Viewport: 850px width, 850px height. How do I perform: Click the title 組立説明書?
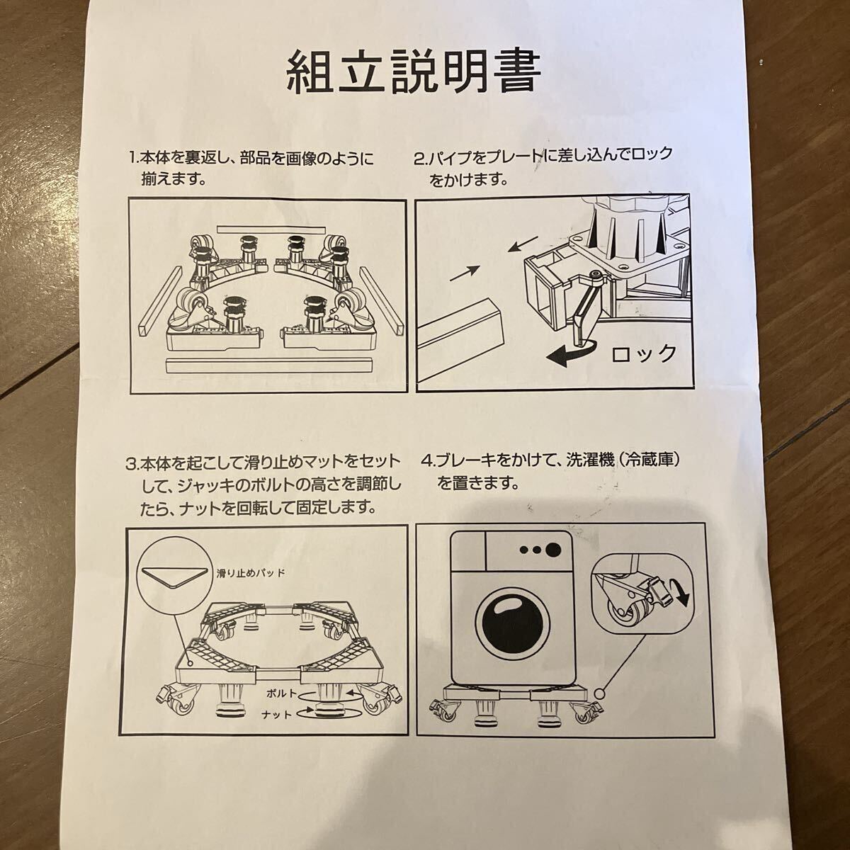tap(413, 71)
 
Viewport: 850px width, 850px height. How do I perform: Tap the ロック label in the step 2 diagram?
tap(644, 353)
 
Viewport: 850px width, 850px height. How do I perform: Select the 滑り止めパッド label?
tap(251, 573)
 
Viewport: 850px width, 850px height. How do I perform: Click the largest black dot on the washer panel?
tap(553, 550)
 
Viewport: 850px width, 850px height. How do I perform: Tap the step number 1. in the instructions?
tap(135, 157)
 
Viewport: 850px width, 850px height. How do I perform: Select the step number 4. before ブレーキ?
tap(427, 462)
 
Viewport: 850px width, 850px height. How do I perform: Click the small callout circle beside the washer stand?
tap(599, 694)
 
